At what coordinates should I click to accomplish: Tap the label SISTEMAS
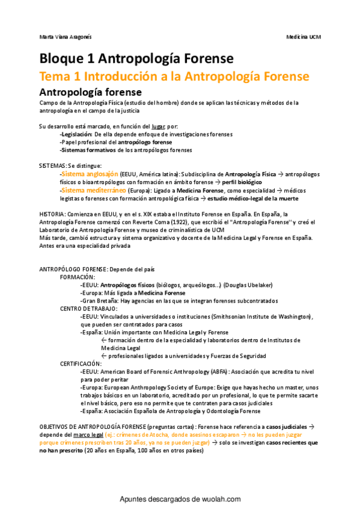click(x=52, y=165)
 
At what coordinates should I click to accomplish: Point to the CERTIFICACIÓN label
click(x=81, y=363)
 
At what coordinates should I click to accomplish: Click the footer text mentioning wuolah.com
click(x=180, y=499)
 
